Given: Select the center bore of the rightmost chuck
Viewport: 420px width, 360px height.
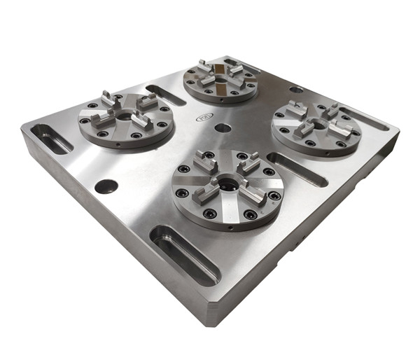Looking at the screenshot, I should tap(316, 124).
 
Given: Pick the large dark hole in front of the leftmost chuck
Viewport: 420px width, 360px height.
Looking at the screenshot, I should tap(106, 187).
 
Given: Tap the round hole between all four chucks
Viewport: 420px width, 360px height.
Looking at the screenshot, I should tap(223, 129).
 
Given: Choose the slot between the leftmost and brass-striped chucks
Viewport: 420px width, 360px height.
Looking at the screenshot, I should tap(166, 95).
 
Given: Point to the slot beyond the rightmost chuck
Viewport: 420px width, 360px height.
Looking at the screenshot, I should tap(368, 120).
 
